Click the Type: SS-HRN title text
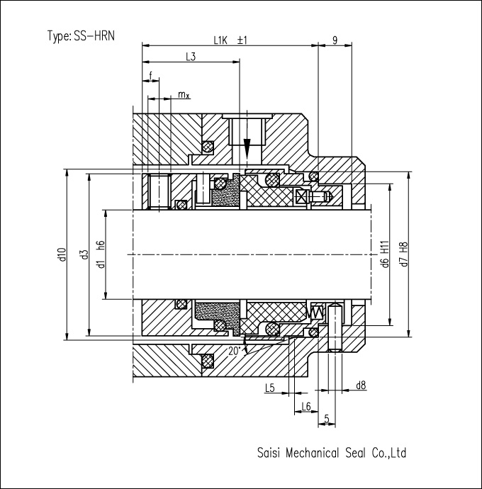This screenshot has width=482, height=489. [81, 36]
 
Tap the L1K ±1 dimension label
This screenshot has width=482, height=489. [230, 40]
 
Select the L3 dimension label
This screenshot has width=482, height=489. [191, 57]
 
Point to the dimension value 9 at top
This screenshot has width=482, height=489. [335, 40]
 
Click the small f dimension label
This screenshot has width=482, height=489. [151, 75]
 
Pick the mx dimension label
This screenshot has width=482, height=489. [184, 94]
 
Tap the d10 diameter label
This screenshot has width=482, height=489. [62, 254]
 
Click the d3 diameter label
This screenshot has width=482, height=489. [84, 254]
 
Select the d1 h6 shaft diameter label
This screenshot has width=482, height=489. [101, 254]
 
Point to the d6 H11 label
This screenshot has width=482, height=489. [386, 254]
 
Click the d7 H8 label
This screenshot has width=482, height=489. [404, 254]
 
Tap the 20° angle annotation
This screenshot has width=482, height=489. [235, 351]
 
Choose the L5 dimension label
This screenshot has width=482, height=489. [269, 388]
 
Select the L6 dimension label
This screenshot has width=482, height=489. [306, 406]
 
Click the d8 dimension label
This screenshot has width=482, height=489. [361, 386]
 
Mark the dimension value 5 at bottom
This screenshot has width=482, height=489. [327, 419]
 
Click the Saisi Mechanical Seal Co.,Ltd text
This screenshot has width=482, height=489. [332, 453]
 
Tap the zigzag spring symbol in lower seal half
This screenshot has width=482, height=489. [317, 311]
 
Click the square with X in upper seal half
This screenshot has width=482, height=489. [301, 197]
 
